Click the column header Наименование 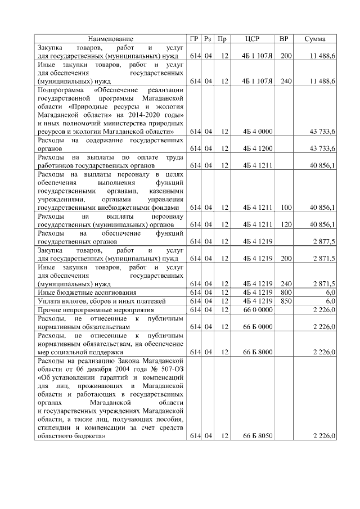click(111, 39)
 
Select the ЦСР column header click(253, 39)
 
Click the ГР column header click(195, 39)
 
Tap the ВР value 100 click(286, 208)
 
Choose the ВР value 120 click(286, 224)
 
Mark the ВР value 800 click(286, 292)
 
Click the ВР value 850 click(286, 301)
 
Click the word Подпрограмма click(60, 90)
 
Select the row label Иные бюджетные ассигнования click(79, 292)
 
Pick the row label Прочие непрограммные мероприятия click(89, 309)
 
